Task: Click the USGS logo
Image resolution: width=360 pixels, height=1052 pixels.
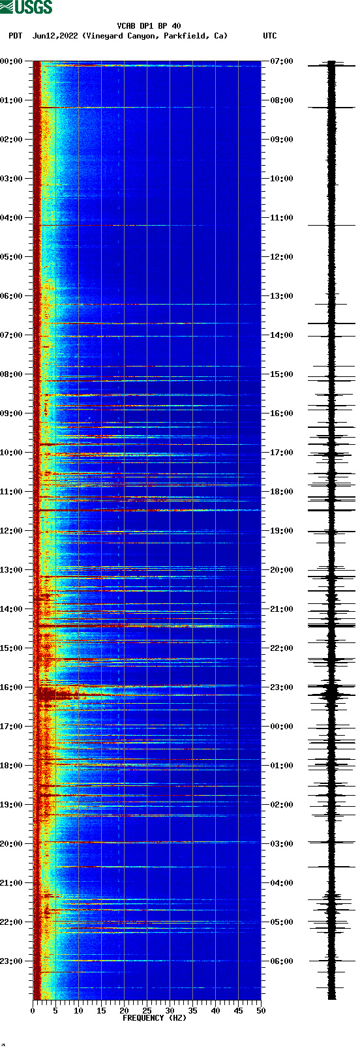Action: point(26,7)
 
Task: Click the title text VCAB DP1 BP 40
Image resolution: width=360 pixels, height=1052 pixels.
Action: point(149,26)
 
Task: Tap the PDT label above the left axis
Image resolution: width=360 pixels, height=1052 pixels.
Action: point(15,36)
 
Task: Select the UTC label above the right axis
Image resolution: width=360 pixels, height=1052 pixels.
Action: point(269,36)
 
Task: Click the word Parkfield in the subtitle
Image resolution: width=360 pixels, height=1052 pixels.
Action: point(186,36)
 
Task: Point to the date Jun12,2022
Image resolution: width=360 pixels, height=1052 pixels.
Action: point(55,36)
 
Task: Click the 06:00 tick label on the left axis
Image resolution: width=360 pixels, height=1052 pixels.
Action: point(12,295)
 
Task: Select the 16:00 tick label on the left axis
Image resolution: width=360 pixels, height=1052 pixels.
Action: point(12,687)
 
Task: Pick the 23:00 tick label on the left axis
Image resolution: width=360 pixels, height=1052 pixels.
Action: point(12,961)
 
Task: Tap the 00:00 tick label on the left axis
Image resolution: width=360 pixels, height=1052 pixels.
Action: point(12,61)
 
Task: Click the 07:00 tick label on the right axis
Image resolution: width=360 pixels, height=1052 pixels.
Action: point(281,61)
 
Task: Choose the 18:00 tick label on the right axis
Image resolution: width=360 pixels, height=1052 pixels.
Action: point(281,491)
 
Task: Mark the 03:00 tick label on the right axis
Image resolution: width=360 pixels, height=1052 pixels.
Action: point(281,843)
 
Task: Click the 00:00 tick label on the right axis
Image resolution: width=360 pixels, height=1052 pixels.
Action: point(281,726)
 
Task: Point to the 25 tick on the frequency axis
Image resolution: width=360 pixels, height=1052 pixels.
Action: point(147,1011)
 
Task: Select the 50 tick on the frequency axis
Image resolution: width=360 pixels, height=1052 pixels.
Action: point(261,1011)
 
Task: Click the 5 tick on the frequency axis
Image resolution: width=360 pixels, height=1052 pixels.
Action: point(55,1011)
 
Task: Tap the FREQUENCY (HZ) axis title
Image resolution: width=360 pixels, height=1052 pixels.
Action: point(155,1018)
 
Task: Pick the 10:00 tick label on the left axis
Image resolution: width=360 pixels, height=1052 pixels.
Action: point(12,452)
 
